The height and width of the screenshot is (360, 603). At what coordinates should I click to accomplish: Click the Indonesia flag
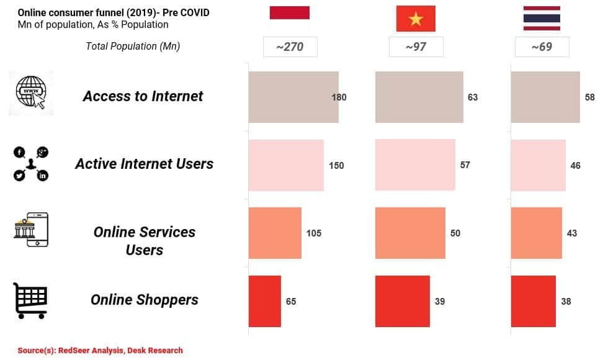click(x=290, y=17)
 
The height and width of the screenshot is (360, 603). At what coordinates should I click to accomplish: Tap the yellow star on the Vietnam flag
click(x=416, y=19)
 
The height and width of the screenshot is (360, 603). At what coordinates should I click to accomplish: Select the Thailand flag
click(x=542, y=18)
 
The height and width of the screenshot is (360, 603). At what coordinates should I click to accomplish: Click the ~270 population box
click(x=290, y=47)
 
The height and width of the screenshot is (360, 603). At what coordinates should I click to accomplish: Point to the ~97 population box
click(x=416, y=47)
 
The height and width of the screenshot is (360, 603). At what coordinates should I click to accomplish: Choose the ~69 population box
click(x=542, y=47)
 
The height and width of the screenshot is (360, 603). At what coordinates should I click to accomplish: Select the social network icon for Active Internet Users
click(x=31, y=164)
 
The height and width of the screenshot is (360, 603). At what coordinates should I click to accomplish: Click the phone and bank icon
click(x=31, y=230)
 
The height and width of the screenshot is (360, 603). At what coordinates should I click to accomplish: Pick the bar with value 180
click(x=293, y=97)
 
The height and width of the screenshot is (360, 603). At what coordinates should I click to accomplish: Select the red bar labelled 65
click(x=264, y=301)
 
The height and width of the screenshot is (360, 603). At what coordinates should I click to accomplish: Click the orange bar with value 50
click(x=410, y=233)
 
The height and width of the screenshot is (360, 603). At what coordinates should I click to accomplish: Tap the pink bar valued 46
click(x=538, y=165)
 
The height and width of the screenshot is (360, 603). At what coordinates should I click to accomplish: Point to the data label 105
click(x=314, y=233)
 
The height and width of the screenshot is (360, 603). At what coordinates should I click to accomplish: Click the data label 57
click(x=465, y=165)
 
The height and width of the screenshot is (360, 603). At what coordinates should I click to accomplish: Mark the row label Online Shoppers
click(x=145, y=300)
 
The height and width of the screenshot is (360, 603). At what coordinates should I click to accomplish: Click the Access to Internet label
click(x=143, y=96)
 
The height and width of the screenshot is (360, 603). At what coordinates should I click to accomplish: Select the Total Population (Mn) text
click(x=133, y=47)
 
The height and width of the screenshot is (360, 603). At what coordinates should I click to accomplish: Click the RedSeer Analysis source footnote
click(x=100, y=351)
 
